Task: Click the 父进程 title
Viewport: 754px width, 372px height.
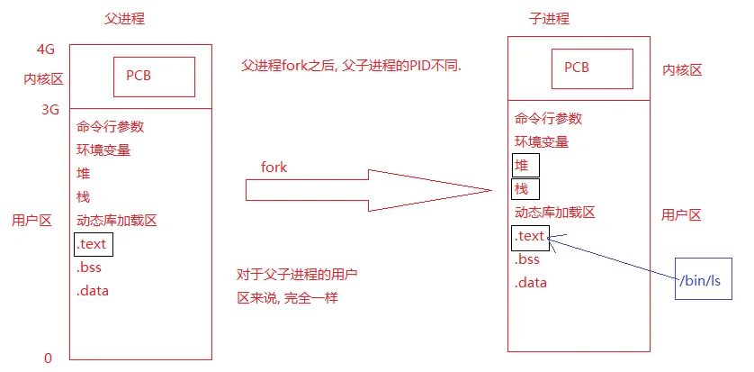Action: click(124, 19)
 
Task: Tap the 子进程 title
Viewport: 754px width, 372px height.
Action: click(549, 19)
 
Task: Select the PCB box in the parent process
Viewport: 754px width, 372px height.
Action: click(155, 77)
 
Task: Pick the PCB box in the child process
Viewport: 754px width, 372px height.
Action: click(592, 68)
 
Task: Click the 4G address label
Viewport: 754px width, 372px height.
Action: click(46, 50)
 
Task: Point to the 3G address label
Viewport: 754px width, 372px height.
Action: click(50, 110)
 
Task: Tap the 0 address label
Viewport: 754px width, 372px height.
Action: click(48, 358)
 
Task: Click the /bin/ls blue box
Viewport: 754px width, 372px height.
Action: click(704, 278)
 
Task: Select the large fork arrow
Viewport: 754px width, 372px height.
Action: click(369, 190)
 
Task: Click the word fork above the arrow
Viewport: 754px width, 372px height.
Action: click(274, 168)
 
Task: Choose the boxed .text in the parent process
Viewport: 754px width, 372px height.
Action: click(94, 244)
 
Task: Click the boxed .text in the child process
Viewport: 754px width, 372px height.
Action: click(530, 238)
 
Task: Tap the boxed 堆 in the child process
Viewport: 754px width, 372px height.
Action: click(525, 166)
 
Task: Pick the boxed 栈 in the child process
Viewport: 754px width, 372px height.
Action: click(525, 189)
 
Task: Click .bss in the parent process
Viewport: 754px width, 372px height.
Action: click(88, 268)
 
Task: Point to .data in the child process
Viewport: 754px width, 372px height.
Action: click(530, 283)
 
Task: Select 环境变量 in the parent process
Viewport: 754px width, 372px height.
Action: click(103, 150)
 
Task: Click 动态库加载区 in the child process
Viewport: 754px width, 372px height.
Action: click(555, 213)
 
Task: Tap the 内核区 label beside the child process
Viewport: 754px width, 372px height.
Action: click(682, 70)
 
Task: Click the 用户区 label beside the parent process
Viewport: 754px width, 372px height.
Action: click(31, 221)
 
